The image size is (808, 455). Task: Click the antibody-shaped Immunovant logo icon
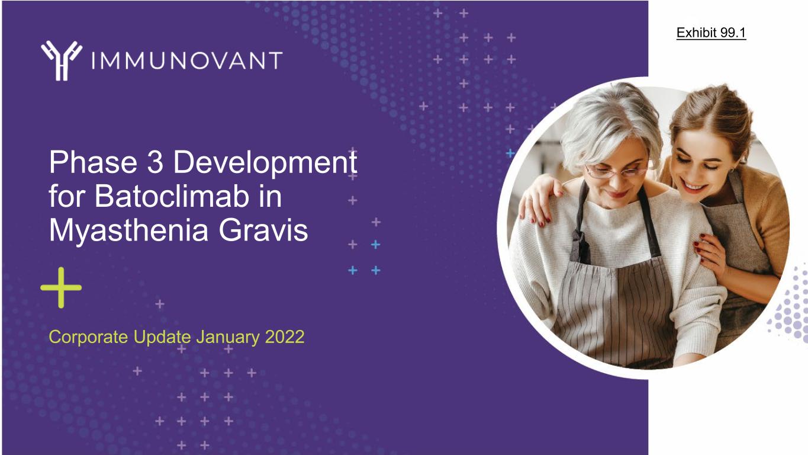(62, 60)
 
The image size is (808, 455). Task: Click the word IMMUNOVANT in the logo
(187, 60)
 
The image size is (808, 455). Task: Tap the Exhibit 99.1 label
(711, 33)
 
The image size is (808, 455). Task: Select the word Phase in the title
(93, 162)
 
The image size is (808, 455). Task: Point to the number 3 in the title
(155, 162)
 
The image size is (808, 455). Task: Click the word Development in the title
(265, 163)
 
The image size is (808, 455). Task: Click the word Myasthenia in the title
(129, 231)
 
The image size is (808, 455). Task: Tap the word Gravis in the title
(263, 230)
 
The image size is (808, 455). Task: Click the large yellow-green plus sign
(61, 287)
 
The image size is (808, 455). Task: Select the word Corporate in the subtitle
(88, 337)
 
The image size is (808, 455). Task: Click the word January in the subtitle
(228, 338)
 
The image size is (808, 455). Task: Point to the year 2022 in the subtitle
(285, 337)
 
